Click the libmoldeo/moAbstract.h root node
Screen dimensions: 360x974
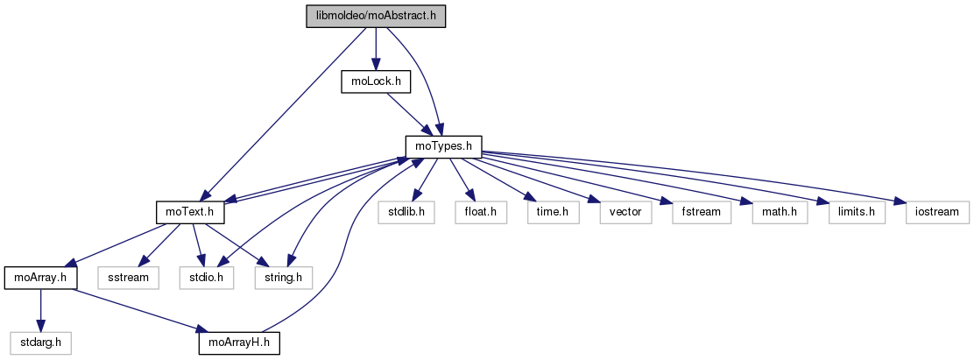(x=376, y=17)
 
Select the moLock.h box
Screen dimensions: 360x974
(x=376, y=81)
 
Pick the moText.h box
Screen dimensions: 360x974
(x=191, y=213)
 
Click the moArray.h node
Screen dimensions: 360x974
(x=40, y=279)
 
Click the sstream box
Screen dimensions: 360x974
(x=129, y=279)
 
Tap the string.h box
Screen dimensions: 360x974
(x=284, y=279)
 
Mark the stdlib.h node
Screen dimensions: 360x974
(x=407, y=213)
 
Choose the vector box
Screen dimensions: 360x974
(x=625, y=213)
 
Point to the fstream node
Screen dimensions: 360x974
(x=702, y=213)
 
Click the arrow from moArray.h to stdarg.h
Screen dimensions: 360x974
(x=39, y=311)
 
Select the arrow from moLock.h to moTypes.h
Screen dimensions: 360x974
(x=407, y=113)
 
